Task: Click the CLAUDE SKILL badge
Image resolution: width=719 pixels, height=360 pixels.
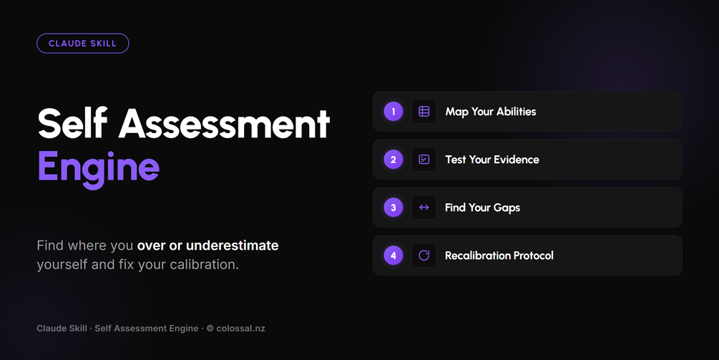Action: point(82,44)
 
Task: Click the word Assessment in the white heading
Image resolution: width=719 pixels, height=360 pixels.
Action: point(224,123)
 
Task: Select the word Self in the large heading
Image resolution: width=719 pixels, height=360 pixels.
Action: point(72,123)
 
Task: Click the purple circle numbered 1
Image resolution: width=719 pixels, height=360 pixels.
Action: point(393,112)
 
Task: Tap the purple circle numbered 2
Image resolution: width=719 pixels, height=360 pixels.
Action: point(393,160)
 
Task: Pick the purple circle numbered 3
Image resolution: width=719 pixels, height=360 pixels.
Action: point(393,208)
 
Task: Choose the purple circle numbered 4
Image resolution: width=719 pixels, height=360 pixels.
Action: point(393,256)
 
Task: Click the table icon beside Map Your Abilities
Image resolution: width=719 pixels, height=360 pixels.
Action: point(424,112)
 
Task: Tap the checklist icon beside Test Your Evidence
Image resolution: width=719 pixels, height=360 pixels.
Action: point(424,160)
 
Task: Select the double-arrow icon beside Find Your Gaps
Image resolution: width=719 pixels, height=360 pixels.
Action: point(424,208)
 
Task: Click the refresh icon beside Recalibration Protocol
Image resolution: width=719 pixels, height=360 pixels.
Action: point(424,256)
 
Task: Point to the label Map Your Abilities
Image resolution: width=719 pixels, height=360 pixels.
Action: point(491,112)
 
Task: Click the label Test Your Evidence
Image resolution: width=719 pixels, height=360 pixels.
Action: point(492,160)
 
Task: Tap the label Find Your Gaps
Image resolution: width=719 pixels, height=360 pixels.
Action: point(482,208)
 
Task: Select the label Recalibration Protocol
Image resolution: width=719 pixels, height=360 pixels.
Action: point(499,256)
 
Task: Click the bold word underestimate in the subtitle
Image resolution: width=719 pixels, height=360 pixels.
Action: point(233,245)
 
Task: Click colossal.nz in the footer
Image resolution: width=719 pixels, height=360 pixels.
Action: point(240,329)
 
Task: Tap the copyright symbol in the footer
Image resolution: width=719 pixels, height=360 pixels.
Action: point(210,329)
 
